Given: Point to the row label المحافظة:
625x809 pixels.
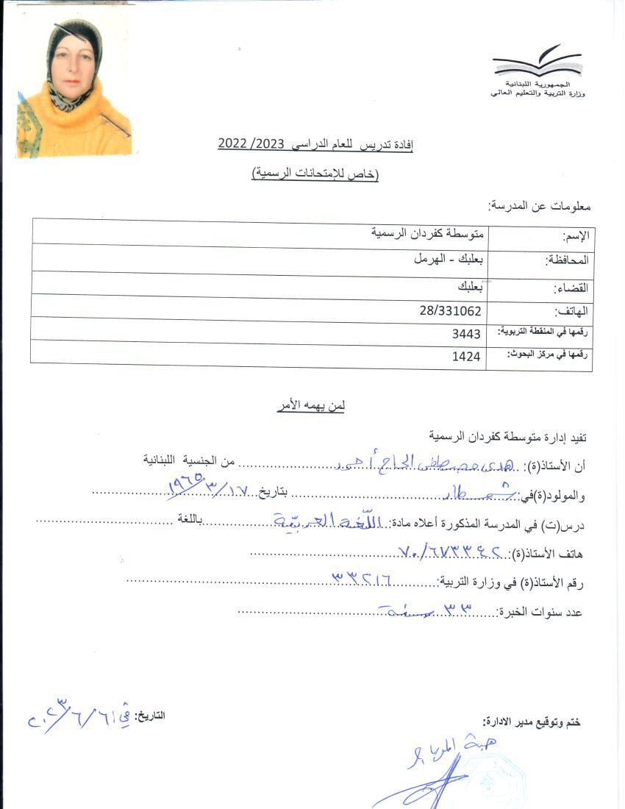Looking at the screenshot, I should click(x=566, y=260).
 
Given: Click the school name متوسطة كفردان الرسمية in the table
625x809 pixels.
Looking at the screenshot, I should click(x=427, y=234).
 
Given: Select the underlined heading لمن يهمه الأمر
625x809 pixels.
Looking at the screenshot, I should click(x=311, y=405).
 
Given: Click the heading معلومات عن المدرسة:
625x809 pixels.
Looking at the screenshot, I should click(x=540, y=207).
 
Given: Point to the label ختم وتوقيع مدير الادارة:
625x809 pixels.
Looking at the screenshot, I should click(x=531, y=722).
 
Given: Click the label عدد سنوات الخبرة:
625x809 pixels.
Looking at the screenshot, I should click(x=540, y=612).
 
